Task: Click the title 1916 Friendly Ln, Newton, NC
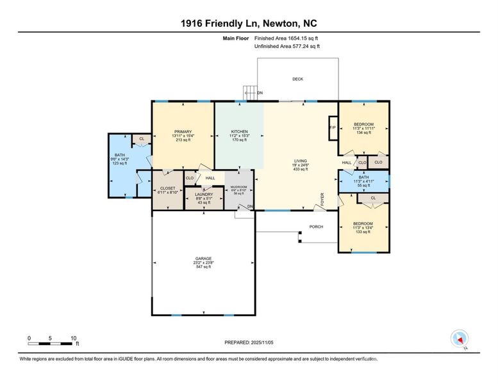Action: coord(249,24)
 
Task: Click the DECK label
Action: coord(297,79)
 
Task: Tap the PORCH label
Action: coord(316,227)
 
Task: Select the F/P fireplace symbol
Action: coord(333,127)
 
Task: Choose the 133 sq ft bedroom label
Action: coord(363,228)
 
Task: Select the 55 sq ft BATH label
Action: coord(363,180)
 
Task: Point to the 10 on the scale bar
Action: coord(74,338)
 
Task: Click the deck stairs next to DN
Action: coord(249,93)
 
